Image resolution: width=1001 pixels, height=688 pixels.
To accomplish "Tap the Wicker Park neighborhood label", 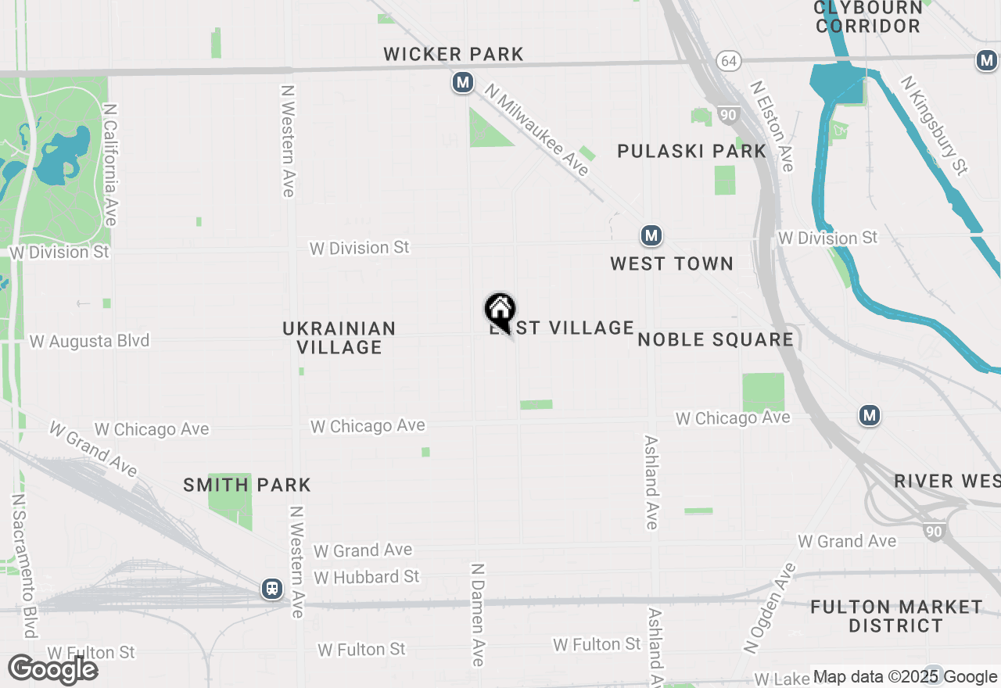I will point(454,54).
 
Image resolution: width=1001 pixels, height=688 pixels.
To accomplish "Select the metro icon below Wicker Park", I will point(463,81).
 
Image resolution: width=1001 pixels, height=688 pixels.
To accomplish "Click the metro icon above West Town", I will point(651,235).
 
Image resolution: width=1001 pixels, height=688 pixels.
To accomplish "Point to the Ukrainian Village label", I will point(339,338).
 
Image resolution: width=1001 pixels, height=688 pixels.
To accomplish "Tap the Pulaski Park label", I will point(691,151).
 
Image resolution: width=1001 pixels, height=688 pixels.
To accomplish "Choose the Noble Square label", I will point(716,339).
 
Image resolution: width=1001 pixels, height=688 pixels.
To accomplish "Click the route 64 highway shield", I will point(729,61).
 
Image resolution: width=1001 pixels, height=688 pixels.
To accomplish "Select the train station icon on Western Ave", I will point(272,588).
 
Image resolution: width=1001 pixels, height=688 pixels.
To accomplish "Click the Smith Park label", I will point(247,485).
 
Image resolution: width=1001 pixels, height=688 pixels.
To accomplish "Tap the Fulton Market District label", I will point(896,616).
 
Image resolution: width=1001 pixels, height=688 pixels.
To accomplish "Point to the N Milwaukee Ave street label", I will point(536,130).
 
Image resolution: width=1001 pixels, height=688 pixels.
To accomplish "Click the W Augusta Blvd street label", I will point(89,342).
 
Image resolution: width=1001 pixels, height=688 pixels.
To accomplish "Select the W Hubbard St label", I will point(367,577).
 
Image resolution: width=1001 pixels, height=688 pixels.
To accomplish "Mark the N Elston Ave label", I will point(773,126).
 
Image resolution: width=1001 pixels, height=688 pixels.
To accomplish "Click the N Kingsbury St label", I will point(935,125).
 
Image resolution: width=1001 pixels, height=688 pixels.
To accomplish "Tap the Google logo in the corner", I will point(53,670).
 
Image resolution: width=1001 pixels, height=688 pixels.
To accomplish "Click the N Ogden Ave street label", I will point(770,609).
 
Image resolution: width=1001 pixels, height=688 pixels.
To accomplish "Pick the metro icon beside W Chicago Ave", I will point(870,415).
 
